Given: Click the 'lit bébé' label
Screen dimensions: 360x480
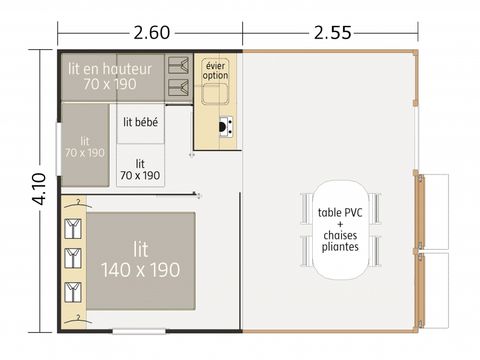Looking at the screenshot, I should (140, 122).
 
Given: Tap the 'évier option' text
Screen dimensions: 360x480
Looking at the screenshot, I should (215, 70).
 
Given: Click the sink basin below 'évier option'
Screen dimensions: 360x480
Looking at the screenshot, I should (215, 96).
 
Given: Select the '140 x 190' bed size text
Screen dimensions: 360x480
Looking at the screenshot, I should (140, 270).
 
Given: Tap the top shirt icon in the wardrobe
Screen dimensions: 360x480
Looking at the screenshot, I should (72, 227).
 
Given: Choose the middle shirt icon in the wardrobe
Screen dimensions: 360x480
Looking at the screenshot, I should (72, 259).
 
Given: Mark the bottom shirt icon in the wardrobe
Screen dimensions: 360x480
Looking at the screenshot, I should (72, 291).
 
